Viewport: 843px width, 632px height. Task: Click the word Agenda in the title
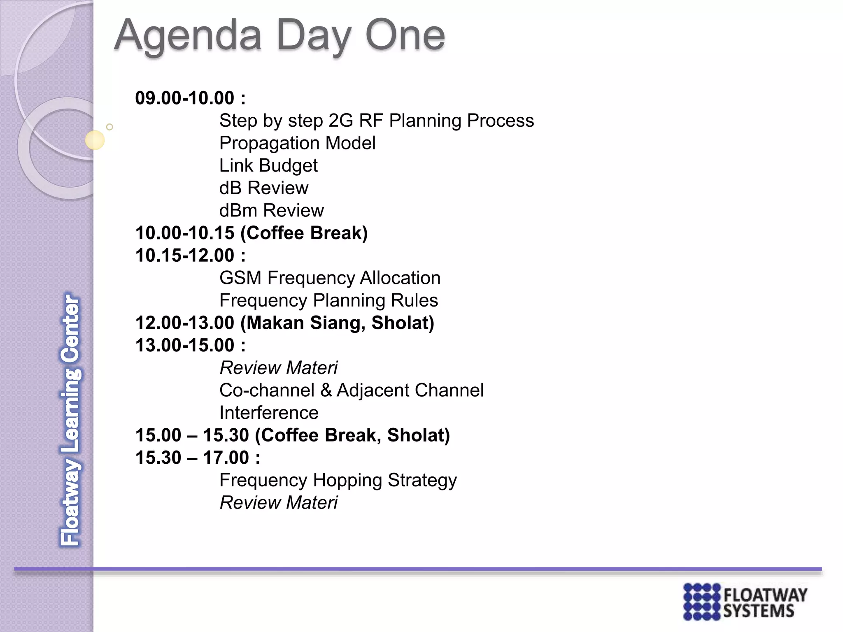(x=188, y=36)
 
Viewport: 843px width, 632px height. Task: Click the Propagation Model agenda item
(x=297, y=143)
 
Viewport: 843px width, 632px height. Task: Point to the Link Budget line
(x=268, y=166)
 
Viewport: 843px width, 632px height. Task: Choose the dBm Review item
(x=271, y=211)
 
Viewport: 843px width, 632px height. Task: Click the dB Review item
(x=263, y=188)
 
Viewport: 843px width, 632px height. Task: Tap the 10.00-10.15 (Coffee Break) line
(x=251, y=233)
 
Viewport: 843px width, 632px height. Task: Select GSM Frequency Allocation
(x=330, y=278)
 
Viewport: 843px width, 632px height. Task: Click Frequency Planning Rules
(x=328, y=300)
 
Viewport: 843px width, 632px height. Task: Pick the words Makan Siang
(x=305, y=323)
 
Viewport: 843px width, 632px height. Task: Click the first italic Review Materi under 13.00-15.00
(x=279, y=368)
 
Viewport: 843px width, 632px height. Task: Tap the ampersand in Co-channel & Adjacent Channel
(x=326, y=390)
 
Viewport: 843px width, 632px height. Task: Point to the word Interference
(x=269, y=413)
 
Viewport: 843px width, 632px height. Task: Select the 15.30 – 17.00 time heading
(x=198, y=458)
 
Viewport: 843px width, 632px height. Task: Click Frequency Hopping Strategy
(x=338, y=480)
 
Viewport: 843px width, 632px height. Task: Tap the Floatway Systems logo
(x=745, y=601)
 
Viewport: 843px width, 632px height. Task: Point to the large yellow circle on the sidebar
(x=95, y=140)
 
